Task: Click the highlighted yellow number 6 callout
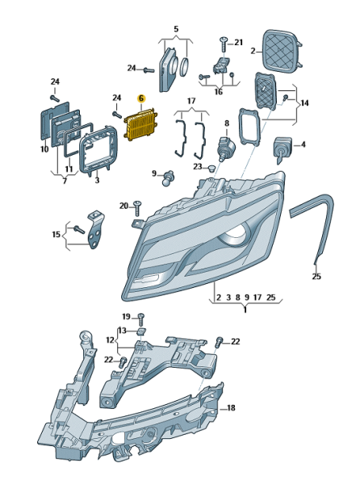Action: click(141, 98)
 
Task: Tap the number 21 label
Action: click(238, 42)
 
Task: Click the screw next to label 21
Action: click(224, 44)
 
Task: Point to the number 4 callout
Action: click(303, 144)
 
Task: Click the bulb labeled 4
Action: click(281, 149)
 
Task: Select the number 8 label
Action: click(227, 123)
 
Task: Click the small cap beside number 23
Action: click(211, 169)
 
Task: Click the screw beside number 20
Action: click(137, 208)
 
